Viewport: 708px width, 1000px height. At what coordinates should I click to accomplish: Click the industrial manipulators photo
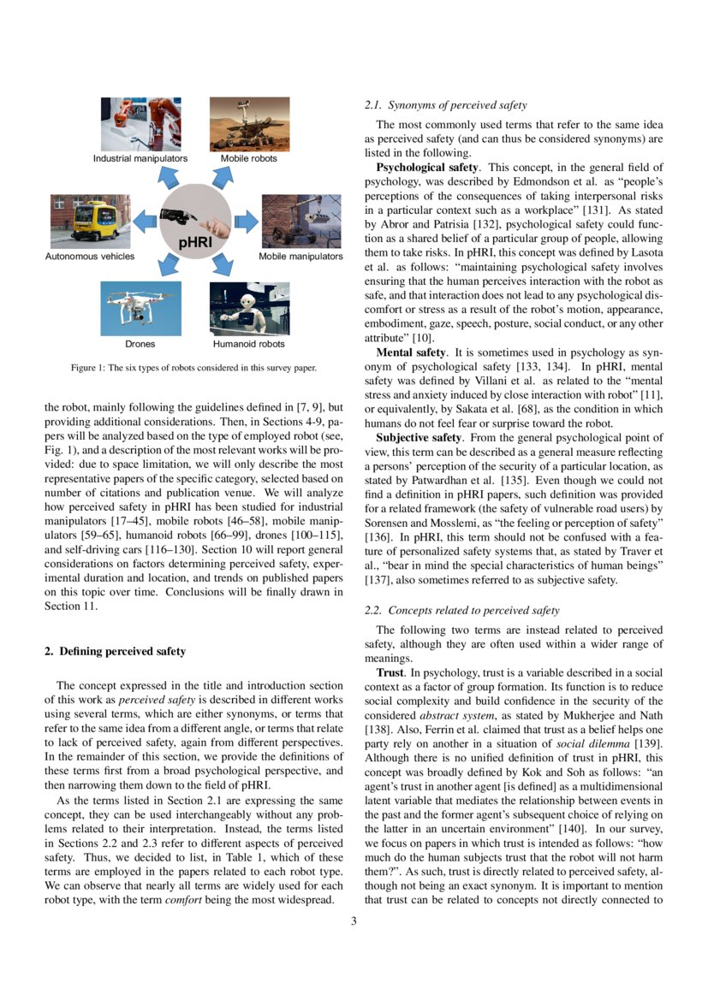tap(140, 124)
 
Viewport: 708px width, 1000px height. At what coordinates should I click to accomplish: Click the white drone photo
tap(140, 309)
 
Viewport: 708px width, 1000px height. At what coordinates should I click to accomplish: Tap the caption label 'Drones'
tap(140, 344)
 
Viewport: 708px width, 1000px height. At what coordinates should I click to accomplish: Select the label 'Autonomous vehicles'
tap(90, 257)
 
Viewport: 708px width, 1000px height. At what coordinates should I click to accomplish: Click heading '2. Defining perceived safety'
tap(115, 652)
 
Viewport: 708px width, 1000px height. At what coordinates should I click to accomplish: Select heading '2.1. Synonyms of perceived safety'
tap(445, 105)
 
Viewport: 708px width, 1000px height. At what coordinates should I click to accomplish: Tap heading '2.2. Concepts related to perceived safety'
tap(462, 610)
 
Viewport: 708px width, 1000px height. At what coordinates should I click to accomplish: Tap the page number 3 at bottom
tap(354, 944)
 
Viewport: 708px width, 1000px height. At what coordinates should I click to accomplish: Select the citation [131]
tap(596, 209)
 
